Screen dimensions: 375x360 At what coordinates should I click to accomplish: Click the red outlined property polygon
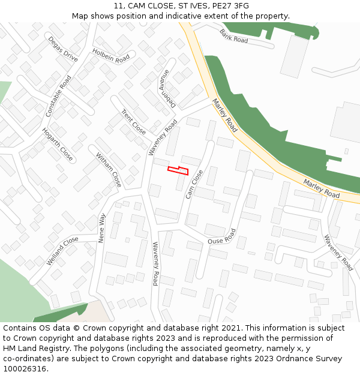178,170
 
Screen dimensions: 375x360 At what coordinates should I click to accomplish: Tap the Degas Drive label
63,49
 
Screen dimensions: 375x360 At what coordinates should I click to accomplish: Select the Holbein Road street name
111,56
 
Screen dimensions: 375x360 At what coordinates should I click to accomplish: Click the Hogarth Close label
58,145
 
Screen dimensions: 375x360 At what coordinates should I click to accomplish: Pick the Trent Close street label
133,122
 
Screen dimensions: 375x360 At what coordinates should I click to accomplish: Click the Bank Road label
233,36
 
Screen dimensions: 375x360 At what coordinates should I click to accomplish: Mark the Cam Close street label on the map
194,184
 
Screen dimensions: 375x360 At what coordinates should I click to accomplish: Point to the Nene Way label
101,227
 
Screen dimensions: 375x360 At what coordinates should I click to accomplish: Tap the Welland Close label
62,251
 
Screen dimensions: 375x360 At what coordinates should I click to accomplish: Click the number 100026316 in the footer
26,368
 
